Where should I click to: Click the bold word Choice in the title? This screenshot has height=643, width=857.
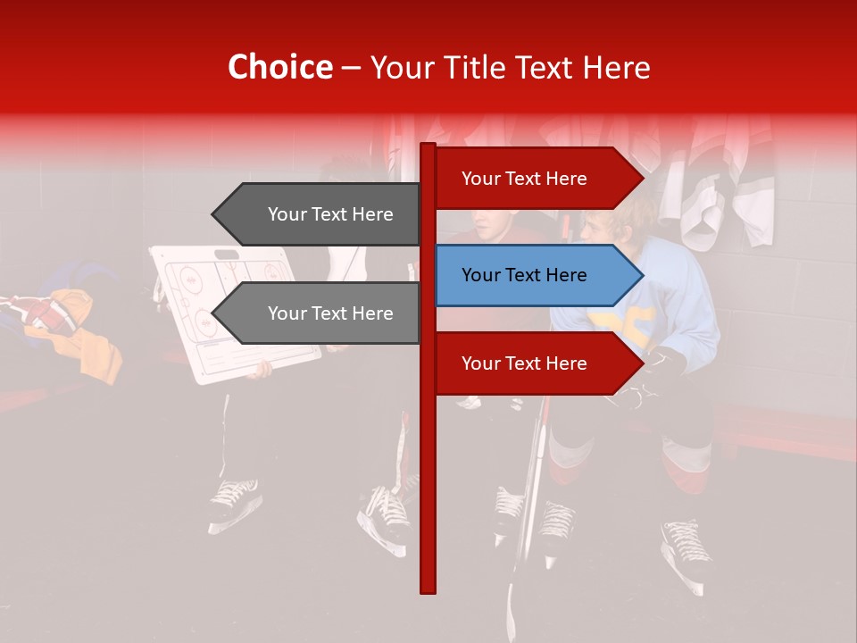(279, 67)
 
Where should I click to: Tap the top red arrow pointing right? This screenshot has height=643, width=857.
(536, 179)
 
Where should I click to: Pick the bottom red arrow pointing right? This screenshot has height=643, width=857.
(536, 363)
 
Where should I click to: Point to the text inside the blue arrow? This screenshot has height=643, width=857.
(524, 275)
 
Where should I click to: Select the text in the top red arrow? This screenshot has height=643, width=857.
(524, 179)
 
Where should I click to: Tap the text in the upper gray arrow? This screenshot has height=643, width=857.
(330, 214)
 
